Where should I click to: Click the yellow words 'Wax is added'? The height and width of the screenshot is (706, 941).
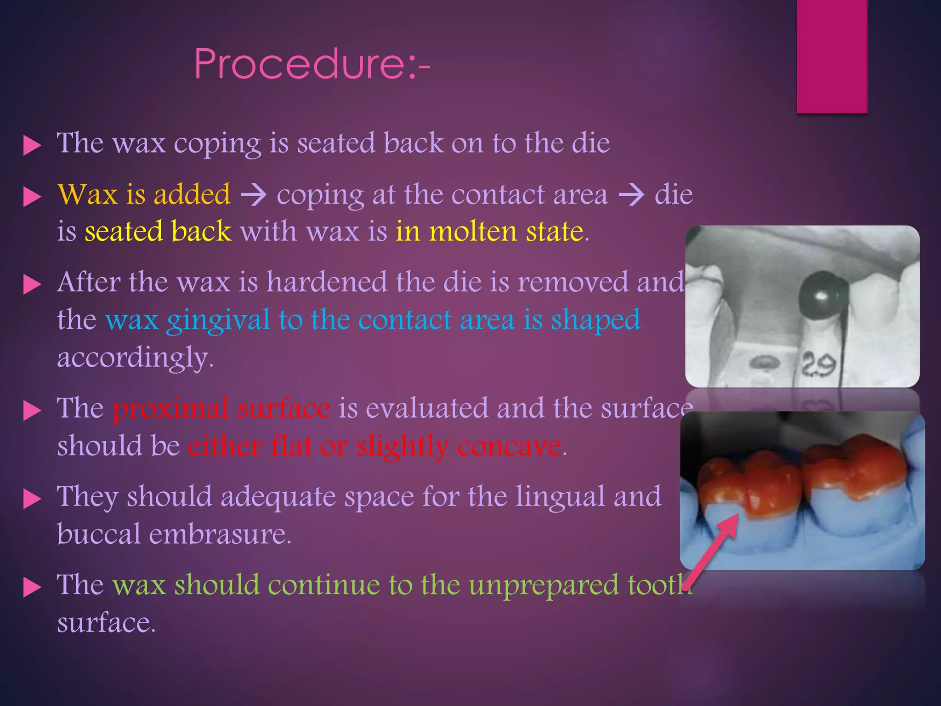144,194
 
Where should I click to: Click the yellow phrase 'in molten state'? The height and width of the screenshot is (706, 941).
489,231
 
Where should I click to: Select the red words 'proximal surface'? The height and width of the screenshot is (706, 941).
221,408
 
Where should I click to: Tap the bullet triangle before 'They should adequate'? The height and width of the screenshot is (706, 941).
32,499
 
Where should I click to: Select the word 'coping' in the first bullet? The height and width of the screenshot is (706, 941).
217,144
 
